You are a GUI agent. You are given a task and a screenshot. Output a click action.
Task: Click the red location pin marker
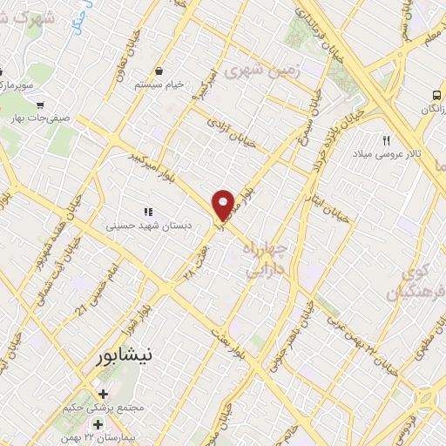tap(224, 205)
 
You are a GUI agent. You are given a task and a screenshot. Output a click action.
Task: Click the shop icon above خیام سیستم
tap(159, 71)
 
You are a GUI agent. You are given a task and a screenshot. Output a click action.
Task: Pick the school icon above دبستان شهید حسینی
tap(148, 211)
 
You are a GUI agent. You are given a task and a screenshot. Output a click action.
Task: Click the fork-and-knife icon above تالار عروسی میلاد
tap(387, 139)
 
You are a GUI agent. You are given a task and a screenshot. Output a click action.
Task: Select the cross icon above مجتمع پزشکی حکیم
tap(104, 395)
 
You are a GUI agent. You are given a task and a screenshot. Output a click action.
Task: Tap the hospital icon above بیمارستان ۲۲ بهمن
tap(98, 424)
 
